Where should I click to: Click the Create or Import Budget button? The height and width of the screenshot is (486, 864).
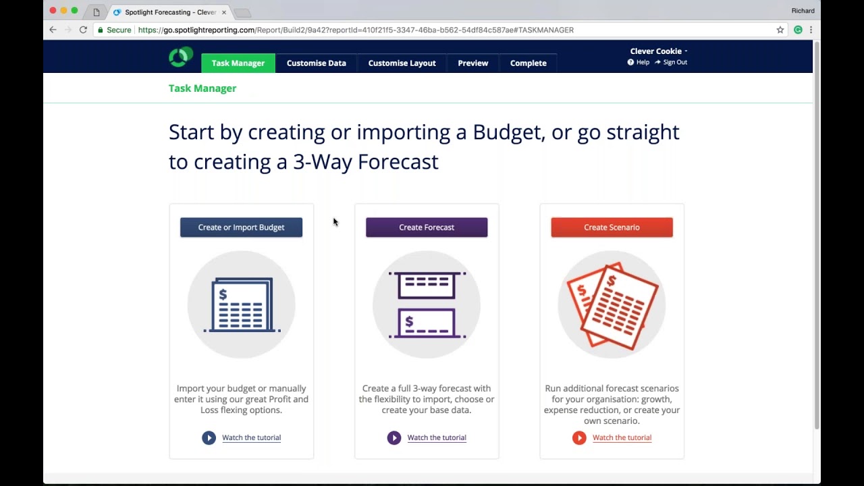click(241, 227)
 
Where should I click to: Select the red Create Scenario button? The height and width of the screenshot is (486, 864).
click(612, 227)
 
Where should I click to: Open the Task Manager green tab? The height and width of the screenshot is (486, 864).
click(238, 63)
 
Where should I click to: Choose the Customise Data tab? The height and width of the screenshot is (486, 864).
click(316, 63)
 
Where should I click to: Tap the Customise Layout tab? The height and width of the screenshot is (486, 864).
click(402, 63)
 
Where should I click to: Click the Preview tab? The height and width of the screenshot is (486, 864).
click(473, 63)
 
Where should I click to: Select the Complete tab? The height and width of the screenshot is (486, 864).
click(528, 63)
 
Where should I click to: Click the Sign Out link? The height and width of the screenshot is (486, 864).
click(674, 62)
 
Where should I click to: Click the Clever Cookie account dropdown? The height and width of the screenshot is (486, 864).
click(658, 51)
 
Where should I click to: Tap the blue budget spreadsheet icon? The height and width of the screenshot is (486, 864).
click(242, 304)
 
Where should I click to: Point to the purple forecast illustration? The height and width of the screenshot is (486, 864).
click(427, 304)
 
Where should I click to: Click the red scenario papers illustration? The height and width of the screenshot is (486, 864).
click(612, 304)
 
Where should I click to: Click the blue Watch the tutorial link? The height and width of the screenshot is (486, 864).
click(251, 437)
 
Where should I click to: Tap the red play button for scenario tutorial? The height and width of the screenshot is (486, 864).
click(579, 437)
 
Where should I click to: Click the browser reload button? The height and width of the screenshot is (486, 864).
click(83, 30)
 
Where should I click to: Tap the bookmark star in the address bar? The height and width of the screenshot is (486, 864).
click(780, 30)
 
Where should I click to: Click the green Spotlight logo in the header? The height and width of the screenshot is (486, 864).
click(180, 57)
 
